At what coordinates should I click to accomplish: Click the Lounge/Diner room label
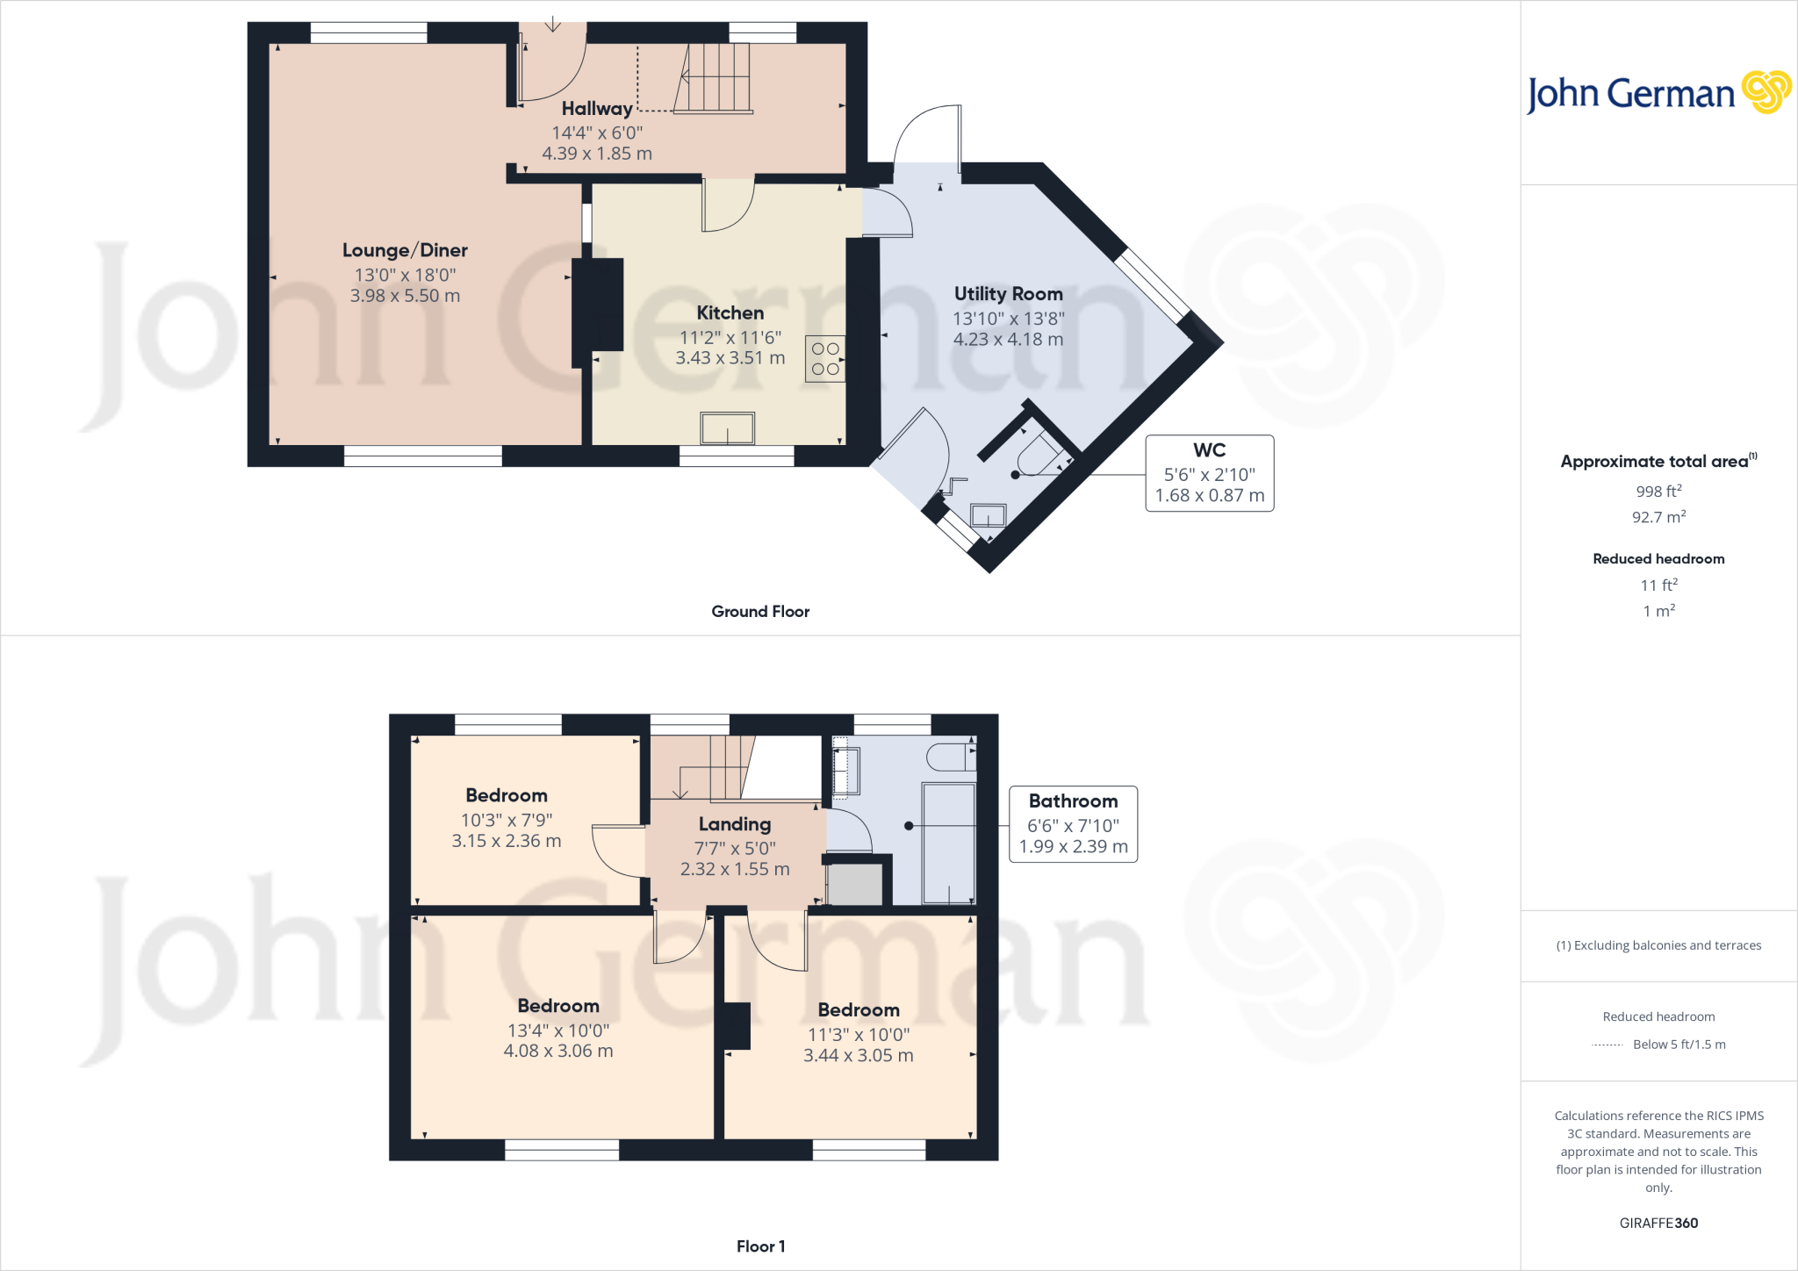(x=405, y=250)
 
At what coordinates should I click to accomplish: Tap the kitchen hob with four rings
(x=825, y=359)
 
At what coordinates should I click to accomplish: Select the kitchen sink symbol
(x=727, y=428)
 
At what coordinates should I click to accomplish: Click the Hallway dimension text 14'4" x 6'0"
(x=597, y=133)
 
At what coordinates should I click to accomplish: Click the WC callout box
(x=1209, y=473)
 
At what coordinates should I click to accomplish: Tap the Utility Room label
(x=1008, y=294)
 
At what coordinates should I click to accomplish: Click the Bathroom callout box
(x=1073, y=823)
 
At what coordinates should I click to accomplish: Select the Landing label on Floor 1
(x=735, y=824)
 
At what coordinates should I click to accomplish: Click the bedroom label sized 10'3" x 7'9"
(x=507, y=795)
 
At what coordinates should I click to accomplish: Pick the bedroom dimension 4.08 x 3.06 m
(x=558, y=1051)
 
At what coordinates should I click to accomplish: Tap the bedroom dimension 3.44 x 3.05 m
(x=858, y=1055)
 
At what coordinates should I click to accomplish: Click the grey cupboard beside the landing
(x=854, y=885)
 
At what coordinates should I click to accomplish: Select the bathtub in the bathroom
(x=948, y=843)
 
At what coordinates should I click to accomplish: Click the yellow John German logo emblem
(x=1766, y=92)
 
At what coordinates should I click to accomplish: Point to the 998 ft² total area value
(x=1658, y=492)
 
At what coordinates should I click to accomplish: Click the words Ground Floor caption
(x=760, y=612)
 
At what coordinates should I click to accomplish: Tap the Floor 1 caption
(x=760, y=1246)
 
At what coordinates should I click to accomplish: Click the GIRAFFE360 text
(x=1658, y=1223)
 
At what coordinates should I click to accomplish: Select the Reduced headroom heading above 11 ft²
(x=1658, y=559)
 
